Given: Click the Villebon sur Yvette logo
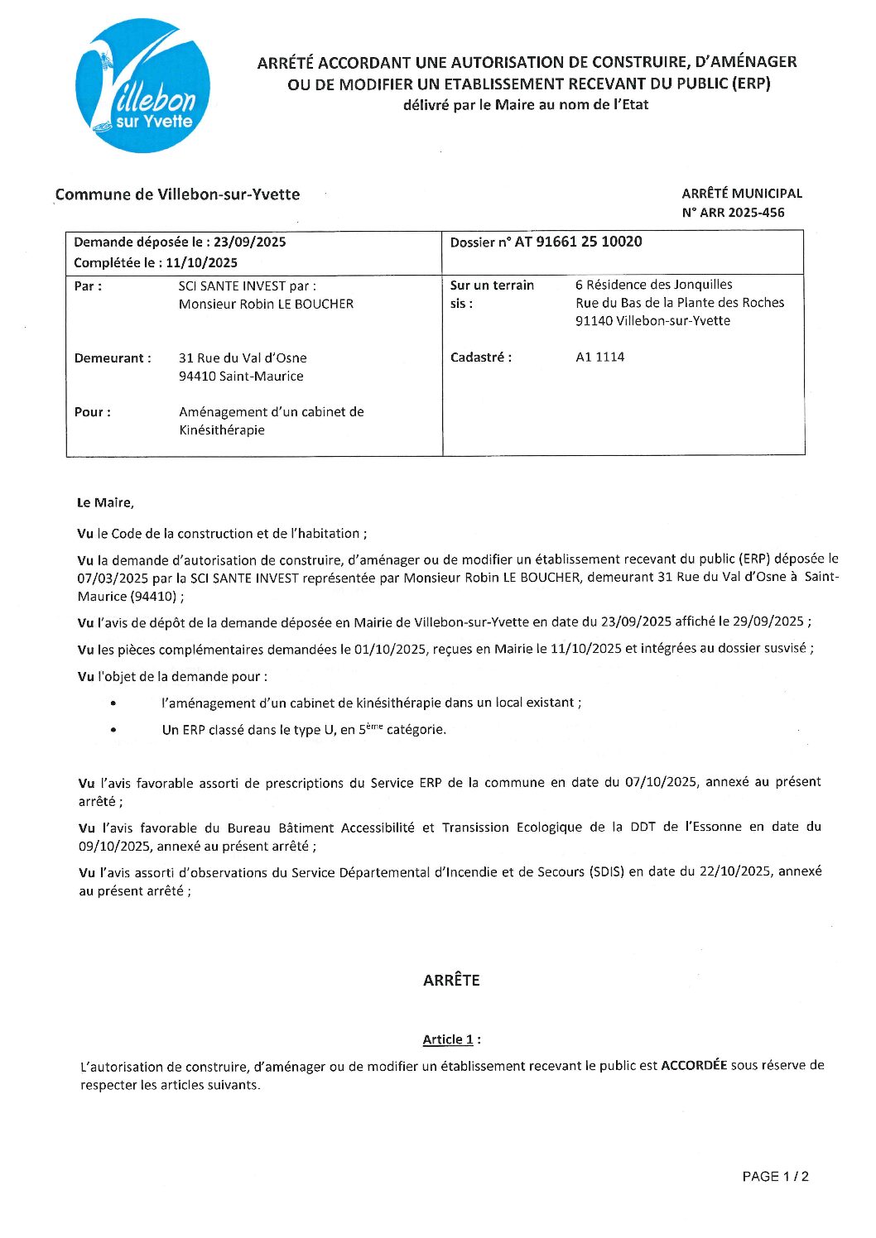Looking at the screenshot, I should [142, 86].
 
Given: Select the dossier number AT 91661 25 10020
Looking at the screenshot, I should [578, 242].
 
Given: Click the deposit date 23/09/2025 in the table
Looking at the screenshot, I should [249, 242].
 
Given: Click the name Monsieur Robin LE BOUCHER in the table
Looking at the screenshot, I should [266, 304].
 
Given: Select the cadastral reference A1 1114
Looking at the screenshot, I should [599, 357].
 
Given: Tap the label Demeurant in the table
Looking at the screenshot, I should [113, 358].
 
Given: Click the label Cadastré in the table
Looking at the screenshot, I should [480, 357].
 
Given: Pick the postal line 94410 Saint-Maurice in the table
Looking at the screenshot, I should [241, 376].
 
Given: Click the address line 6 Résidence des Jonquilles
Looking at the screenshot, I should [653, 285].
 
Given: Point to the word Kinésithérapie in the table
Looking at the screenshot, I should [222, 430].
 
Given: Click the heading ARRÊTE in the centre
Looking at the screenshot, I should [451, 980].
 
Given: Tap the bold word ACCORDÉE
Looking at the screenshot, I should [693, 1065].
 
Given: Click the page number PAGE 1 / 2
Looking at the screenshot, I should [775, 1176].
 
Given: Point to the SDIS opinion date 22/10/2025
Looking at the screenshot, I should [734, 871].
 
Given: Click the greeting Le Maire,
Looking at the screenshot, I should [105, 502].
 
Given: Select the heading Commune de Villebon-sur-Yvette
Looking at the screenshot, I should [177, 194].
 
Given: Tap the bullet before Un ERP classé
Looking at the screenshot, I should [113, 730].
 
